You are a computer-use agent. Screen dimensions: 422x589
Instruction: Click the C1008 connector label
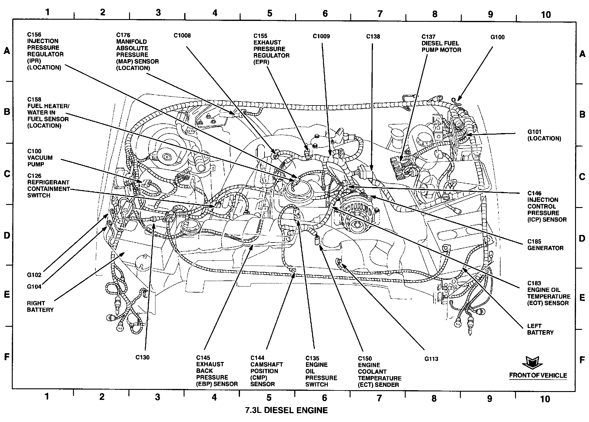click(x=182, y=36)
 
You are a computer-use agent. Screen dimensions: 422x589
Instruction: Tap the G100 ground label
click(x=497, y=37)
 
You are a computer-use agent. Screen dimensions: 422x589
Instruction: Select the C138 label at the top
click(x=373, y=37)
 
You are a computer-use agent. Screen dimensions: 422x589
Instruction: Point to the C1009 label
click(x=321, y=36)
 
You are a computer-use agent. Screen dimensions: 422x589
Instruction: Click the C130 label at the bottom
click(x=142, y=357)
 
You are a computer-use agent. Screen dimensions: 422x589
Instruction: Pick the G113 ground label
click(x=431, y=359)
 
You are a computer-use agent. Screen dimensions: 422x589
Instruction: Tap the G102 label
click(x=34, y=275)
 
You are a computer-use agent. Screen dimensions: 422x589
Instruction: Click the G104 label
click(x=34, y=286)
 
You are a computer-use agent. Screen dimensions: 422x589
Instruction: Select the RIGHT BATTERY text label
click(x=40, y=306)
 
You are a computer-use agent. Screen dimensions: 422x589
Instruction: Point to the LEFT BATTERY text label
click(x=540, y=329)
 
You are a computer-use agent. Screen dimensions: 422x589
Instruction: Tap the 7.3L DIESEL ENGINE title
click(x=286, y=410)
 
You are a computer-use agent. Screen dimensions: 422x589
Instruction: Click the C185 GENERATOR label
click(x=545, y=245)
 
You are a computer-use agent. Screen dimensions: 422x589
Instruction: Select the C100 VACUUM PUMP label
click(x=40, y=158)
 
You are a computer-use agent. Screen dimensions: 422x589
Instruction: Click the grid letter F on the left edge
click(x=7, y=357)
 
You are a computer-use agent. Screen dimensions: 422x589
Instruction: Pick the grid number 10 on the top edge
click(x=546, y=15)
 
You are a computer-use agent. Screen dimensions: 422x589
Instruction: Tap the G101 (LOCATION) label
click(x=544, y=135)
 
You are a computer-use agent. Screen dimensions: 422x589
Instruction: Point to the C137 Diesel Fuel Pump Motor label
click(x=441, y=43)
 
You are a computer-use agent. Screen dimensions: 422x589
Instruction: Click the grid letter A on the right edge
click(x=582, y=54)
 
